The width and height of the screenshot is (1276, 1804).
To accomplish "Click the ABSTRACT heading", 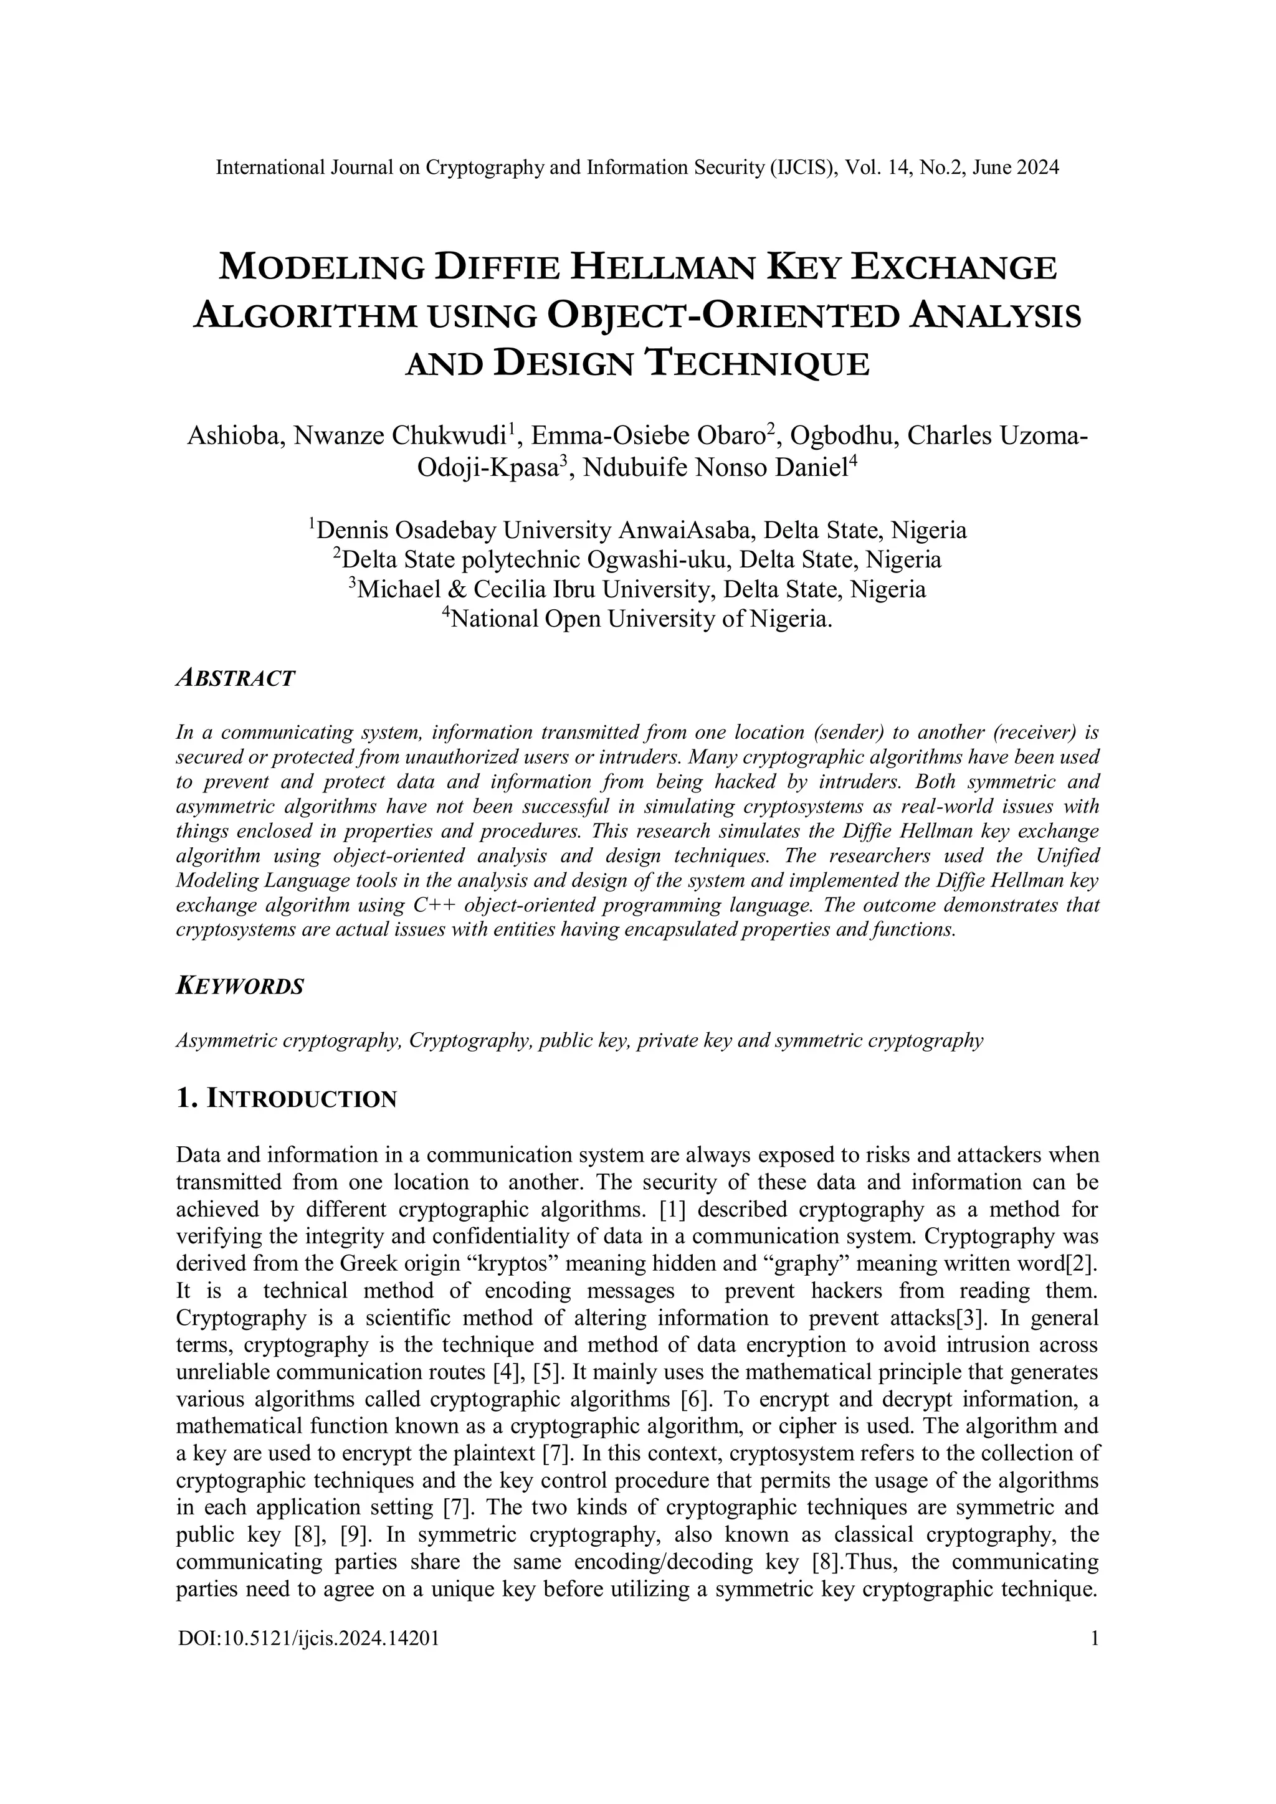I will point(235,678).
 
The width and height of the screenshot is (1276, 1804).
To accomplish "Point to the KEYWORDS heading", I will point(240,987).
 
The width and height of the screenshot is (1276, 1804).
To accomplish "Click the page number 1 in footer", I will point(1093,1638).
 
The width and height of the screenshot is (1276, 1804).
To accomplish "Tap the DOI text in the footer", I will point(308,1638).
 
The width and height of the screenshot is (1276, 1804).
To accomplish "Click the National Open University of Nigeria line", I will point(637,619).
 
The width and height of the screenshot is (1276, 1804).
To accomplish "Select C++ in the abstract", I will point(436,904).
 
